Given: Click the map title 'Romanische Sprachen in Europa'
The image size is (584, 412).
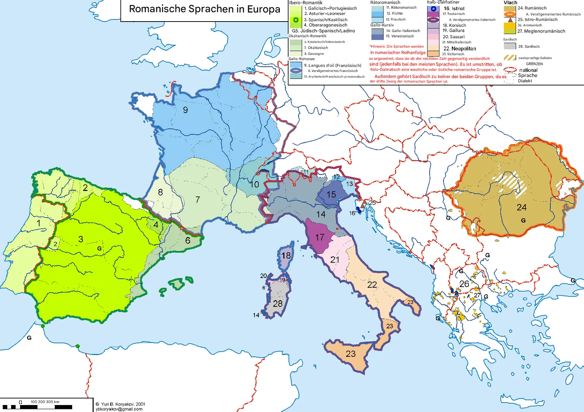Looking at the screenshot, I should point(204,9).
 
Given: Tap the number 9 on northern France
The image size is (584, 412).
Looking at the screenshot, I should point(185,110).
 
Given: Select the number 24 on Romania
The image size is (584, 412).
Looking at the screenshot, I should point(522,207).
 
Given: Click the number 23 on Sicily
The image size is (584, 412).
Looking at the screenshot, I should point(351,354).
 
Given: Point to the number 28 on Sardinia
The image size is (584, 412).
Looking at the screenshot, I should point(278,304).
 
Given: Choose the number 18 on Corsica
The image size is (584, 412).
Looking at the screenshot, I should point(286,255).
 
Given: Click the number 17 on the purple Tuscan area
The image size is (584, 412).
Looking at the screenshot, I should point(320,237).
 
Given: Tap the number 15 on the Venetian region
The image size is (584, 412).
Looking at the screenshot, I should point(331,195).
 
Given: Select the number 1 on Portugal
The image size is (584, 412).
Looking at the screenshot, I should point(39,223).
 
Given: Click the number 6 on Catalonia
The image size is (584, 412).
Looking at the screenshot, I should point(188,240).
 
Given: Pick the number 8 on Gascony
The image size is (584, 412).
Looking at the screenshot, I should point(160,192).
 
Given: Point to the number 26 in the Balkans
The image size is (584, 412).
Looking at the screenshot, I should point(464,284).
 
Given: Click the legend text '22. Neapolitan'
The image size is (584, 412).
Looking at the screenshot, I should point(460,49).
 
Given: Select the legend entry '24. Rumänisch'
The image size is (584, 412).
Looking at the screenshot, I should point(532,8).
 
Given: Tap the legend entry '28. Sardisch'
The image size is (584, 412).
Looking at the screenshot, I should point(529,46).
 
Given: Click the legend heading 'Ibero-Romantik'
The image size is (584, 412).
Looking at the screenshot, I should point(306,3).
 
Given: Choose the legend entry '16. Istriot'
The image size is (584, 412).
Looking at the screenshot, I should point(454,8).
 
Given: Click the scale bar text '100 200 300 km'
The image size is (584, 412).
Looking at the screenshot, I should point(45,402).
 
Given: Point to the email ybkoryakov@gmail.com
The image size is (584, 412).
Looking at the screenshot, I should point(119,409).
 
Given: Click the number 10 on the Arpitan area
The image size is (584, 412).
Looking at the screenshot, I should point(254,184).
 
